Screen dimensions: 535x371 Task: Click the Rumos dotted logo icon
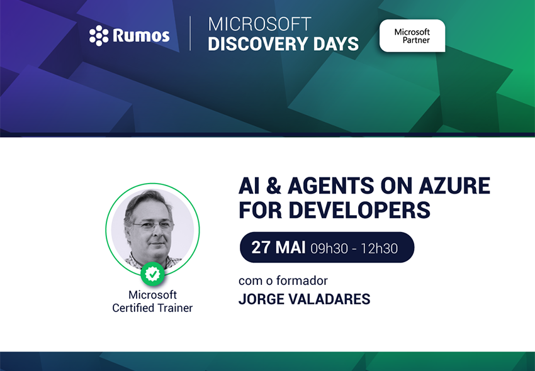tap(99, 35)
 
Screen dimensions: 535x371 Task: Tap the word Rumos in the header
tap(141, 35)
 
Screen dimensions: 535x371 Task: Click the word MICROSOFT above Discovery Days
tap(260, 25)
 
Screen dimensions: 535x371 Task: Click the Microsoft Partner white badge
tap(412, 36)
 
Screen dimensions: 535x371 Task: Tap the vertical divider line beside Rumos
tap(190, 33)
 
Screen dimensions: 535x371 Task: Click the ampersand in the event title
tap(273, 186)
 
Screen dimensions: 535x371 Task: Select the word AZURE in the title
tap(454, 186)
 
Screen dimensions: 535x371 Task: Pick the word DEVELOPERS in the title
tap(359, 210)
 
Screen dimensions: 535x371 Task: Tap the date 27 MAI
tap(278, 247)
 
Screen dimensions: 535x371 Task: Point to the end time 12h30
tap(379, 248)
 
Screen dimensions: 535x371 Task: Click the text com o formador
tap(283, 280)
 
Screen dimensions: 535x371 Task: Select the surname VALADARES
tap(329, 299)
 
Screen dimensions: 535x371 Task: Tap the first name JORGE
tap(261, 299)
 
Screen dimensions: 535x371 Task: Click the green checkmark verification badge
tap(152, 274)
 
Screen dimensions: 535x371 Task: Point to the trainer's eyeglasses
tap(152, 226)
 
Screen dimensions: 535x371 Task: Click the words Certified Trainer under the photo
tap(152, 308)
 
